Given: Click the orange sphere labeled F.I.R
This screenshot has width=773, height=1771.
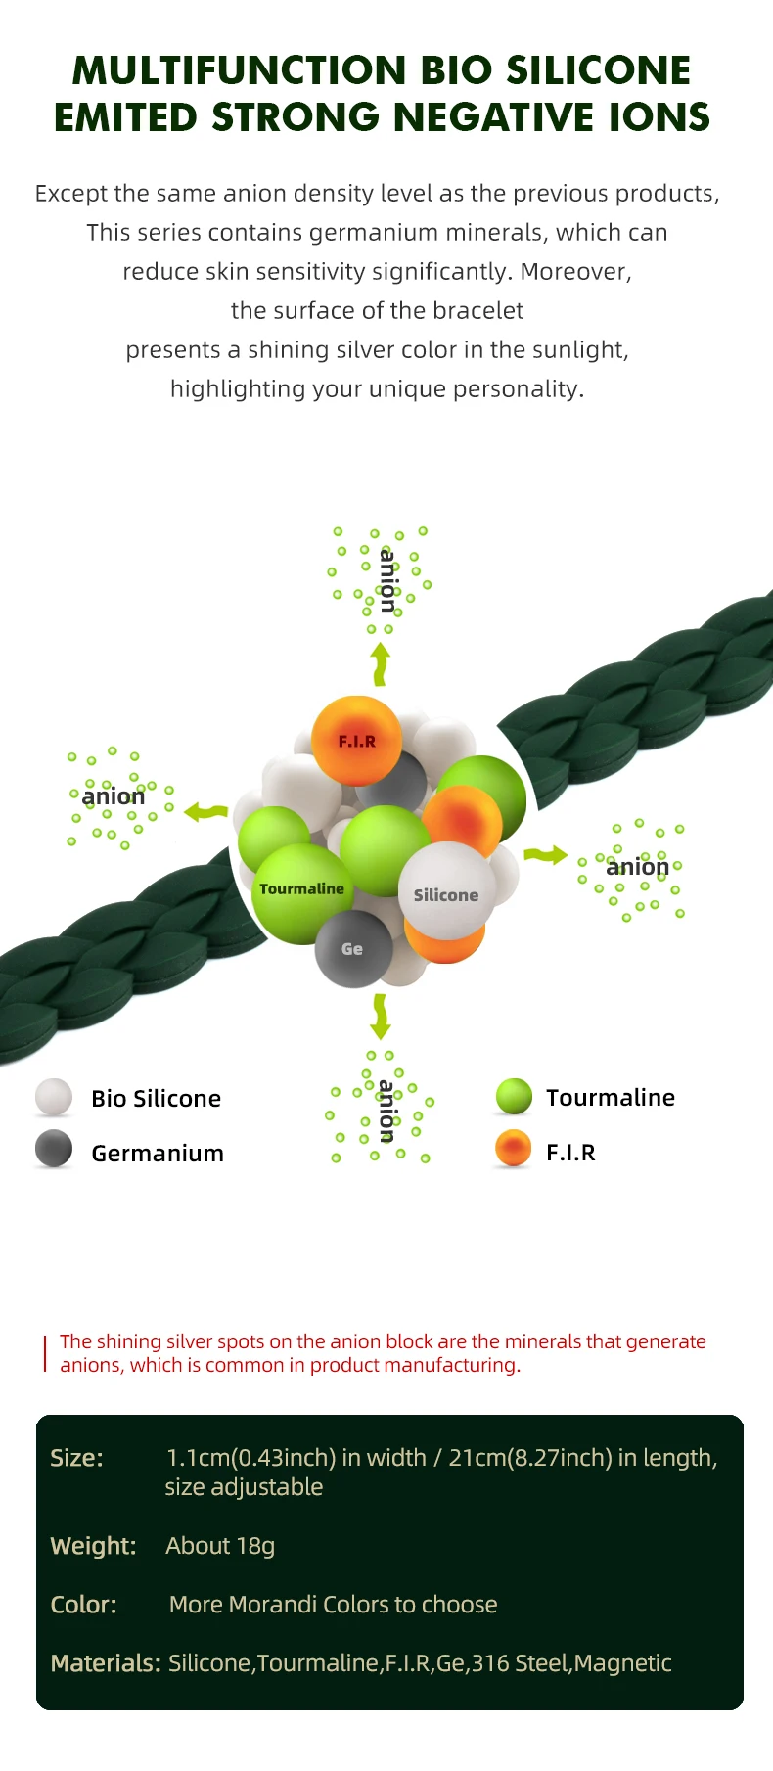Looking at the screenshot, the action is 357,740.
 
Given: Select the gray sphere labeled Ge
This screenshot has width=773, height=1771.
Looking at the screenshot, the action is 352,949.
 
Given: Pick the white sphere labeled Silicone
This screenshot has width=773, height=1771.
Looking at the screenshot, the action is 446,892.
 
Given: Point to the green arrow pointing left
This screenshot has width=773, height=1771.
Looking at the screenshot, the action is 206,811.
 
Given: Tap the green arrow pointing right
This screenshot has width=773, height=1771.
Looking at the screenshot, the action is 546,855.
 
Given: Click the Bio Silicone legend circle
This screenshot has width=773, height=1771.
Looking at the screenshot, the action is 54,1098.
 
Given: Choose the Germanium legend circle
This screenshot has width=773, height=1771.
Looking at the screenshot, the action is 54,1149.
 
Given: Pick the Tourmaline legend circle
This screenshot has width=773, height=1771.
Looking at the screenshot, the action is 514,1097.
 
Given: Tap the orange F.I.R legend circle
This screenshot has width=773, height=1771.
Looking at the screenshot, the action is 514,1149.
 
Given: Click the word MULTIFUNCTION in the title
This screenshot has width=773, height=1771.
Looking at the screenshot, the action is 240,70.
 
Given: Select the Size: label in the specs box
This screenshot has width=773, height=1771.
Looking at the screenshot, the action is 76,1458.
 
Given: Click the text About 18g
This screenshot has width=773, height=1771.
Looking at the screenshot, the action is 220,1546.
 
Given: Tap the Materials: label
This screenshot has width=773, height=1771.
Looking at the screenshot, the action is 105,1663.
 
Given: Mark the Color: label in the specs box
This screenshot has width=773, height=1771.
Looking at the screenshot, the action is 83,1605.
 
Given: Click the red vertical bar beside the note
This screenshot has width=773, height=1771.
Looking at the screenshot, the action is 45,1353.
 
